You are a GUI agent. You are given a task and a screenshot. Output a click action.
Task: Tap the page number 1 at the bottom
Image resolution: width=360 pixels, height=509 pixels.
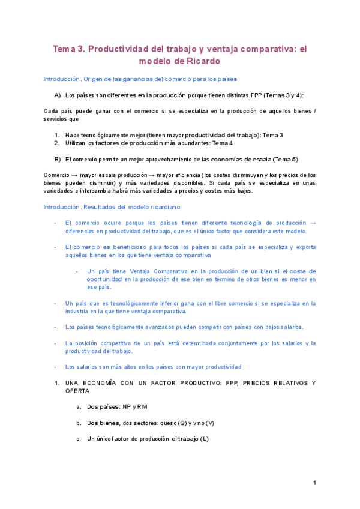[314, 483]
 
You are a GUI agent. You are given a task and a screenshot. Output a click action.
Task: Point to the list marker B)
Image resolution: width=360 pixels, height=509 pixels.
[58, 159]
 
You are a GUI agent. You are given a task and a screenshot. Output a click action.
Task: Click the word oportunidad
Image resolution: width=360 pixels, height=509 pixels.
[104, 279]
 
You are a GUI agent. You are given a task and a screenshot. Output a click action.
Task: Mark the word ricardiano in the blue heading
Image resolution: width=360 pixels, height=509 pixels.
[155, 206]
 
